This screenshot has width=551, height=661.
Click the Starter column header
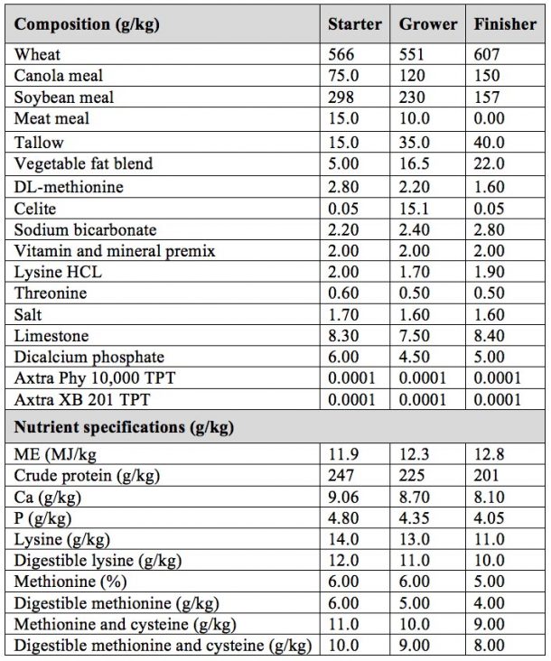click(x=354, y=24)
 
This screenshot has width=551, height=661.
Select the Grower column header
click(x=428, y=24)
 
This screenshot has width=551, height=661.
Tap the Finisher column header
click(x=505, y=24)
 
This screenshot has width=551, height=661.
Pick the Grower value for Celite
click(x=414, y=209)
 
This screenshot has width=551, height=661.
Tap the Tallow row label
click(x=39, y=143)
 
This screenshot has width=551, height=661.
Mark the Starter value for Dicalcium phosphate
click(x=342, y=357)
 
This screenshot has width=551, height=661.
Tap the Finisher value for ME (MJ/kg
click(x=489, y=452)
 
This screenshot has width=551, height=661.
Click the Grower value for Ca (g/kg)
click(x=416, y=496)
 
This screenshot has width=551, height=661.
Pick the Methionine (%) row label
click(x=70, y=582)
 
